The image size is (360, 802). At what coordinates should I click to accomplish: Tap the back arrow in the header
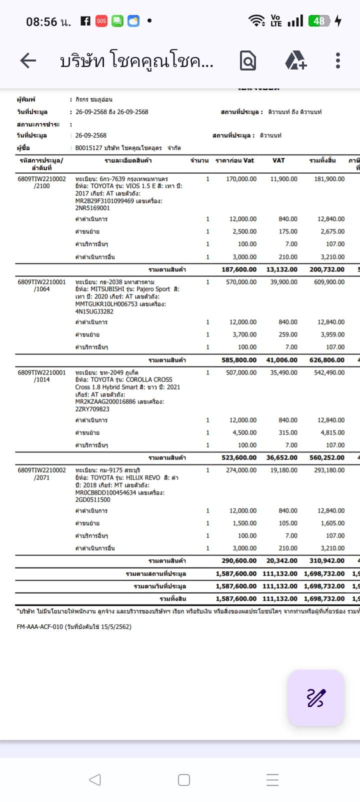(28, 61)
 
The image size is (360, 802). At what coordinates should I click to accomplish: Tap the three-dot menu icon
(338, 61)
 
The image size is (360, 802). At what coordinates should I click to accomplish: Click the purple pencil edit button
(315, 698)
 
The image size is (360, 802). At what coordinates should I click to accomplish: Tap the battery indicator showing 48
(318, 21)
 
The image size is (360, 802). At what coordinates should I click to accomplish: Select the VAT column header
(278, 160)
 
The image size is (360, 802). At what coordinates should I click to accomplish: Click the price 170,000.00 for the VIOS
(241, 179)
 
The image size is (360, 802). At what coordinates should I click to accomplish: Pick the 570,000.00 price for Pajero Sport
(241, 282)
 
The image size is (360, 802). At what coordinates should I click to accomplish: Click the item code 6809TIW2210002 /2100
(41, 182)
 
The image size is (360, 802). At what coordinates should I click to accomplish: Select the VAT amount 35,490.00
(283, 372)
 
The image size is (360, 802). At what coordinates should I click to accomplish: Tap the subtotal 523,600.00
(239, 457)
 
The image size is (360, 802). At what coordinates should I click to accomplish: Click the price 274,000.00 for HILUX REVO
(241, 470)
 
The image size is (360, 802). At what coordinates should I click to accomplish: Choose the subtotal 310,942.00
(327, 561)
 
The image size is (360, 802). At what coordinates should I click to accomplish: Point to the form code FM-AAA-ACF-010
(40, 626)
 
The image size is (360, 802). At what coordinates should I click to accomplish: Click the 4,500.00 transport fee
(244, 432)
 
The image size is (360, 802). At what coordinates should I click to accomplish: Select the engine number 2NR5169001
(92, 208)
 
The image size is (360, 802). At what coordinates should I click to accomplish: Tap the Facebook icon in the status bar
(85, 21)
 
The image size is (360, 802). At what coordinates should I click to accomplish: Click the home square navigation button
(183, 780)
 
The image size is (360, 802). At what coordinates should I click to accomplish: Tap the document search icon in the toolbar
(248, 61)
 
